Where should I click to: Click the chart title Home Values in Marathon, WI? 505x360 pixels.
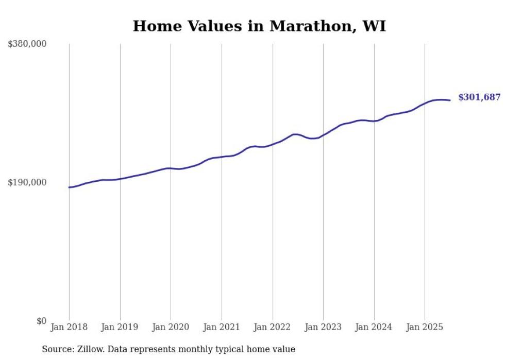pyautogui.click(x=259, y=26)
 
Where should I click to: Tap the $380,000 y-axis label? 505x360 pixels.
pyautogui.click(x=27, y=44)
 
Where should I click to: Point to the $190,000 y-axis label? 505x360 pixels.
pyautogui.click(x=27, y=182)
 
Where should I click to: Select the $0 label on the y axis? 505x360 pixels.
pyautogui.click(x=41, y=321)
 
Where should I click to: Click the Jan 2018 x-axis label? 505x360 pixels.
pyautogui.click(x=69, y=327)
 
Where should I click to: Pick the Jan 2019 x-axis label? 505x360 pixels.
pyautogui.click(x=120, y=327)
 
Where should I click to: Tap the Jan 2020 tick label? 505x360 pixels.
pyautogui.click(x=171, y=327)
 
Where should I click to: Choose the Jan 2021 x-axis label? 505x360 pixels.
pyautogui.click(x=222, y=327)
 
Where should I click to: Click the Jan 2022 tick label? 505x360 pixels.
pyautogui.click(x=273, y=327)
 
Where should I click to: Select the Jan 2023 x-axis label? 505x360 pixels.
pyautogui.click(x=323, y=327)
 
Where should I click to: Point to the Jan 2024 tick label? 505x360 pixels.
pyautogui.click(x=374, y=327)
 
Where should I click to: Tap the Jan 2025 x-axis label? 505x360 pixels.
pyautogui.click(x=425, y=327)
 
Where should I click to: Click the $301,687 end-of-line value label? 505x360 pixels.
pyautogui.click(x=479, y=97)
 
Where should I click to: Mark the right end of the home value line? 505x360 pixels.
pyautogui.click(x=450, y=100)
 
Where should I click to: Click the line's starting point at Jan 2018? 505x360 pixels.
pyautogui.click(x=69, y=187)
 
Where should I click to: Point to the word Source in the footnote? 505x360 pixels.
pyautogui.click(x=56, y=349)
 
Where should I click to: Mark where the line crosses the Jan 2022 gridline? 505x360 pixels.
pyautogui.click(x=273, y=144)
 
